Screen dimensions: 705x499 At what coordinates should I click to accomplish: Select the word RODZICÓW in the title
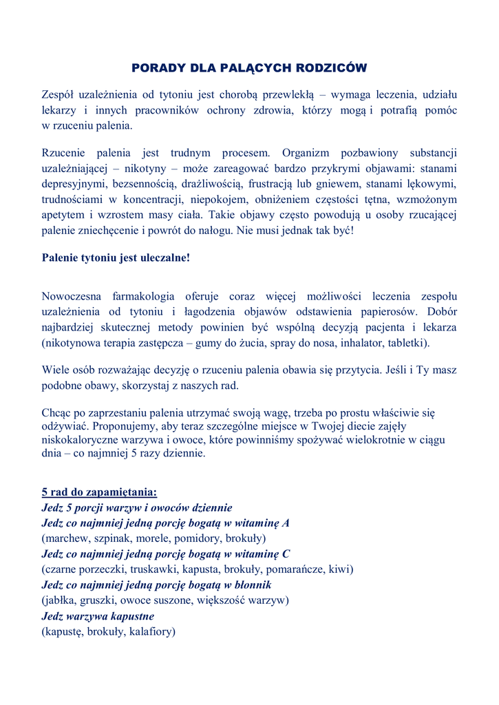click(331, 68)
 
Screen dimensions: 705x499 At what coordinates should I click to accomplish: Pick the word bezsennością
click(144, 184)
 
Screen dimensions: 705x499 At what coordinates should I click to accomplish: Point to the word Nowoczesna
click(72, 296)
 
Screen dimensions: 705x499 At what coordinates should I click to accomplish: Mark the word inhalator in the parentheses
click(370, 342)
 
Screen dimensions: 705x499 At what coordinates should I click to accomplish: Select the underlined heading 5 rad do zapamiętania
click(99, 492)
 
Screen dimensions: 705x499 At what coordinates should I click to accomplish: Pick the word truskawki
click(154, 569)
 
